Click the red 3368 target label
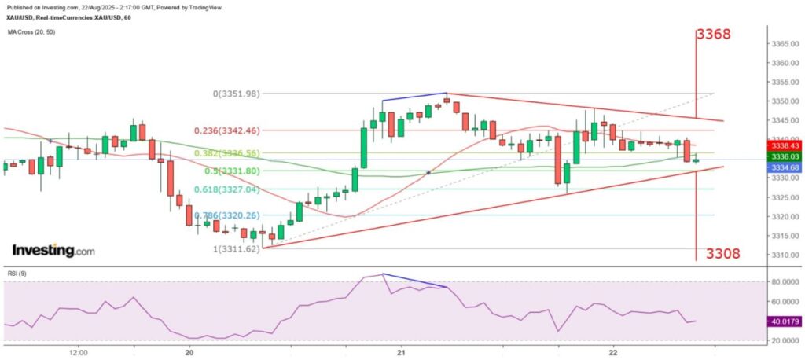[713, 35]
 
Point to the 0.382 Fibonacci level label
[211, 153]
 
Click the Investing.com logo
[53, 251]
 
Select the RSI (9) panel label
[19, 274]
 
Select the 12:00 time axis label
[78, 352]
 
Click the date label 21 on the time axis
[402, 352]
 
